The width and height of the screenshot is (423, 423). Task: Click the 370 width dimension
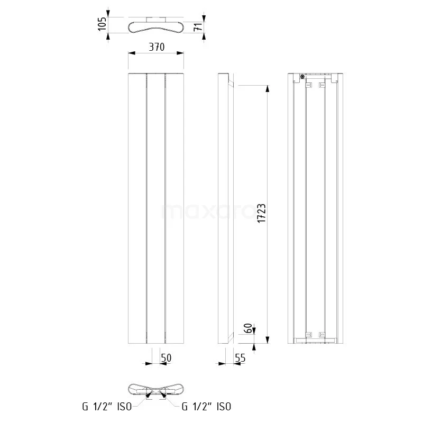click(x=157, y=47)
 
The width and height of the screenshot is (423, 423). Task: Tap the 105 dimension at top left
click(x=103, y=24)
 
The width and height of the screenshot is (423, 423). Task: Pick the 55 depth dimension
click(x=240, y=358)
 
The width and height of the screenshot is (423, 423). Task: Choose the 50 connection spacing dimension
click(x=166, y=358)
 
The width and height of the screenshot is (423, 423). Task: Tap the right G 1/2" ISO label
click(x=206, y=407)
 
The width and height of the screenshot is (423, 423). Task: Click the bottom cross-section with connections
click(x=157, y=389)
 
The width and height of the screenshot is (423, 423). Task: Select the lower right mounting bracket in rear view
click(x=321, y=334)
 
